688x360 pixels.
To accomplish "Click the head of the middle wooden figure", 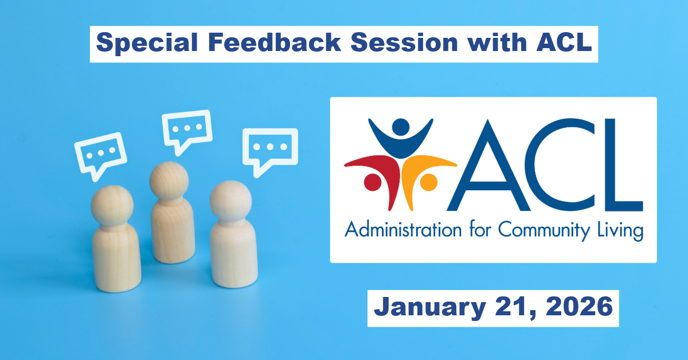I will pyautogui.click(x=169, y=181).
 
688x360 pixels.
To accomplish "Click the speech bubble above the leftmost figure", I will pyautogui.click(x=100, y=153).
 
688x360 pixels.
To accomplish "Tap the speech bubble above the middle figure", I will pyautogui.click(x=186, y=128).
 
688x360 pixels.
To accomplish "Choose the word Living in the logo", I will pyautogui.click(x=619, y=232).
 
